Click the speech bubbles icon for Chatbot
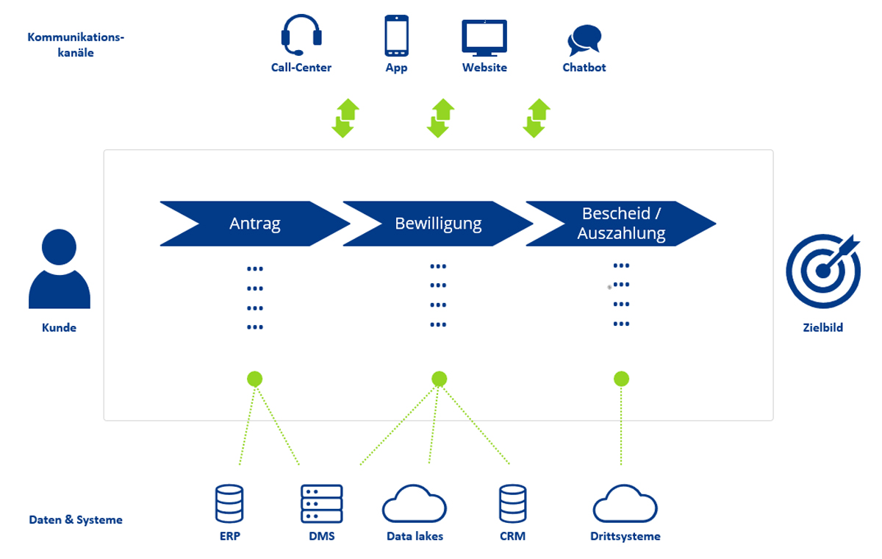(584, 40)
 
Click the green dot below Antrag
(255, 379)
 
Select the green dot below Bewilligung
(439, 379)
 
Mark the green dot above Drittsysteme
(621, 379)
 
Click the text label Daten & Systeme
(76, 520)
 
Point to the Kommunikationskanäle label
(76, 45)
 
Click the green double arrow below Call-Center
(345, 118)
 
